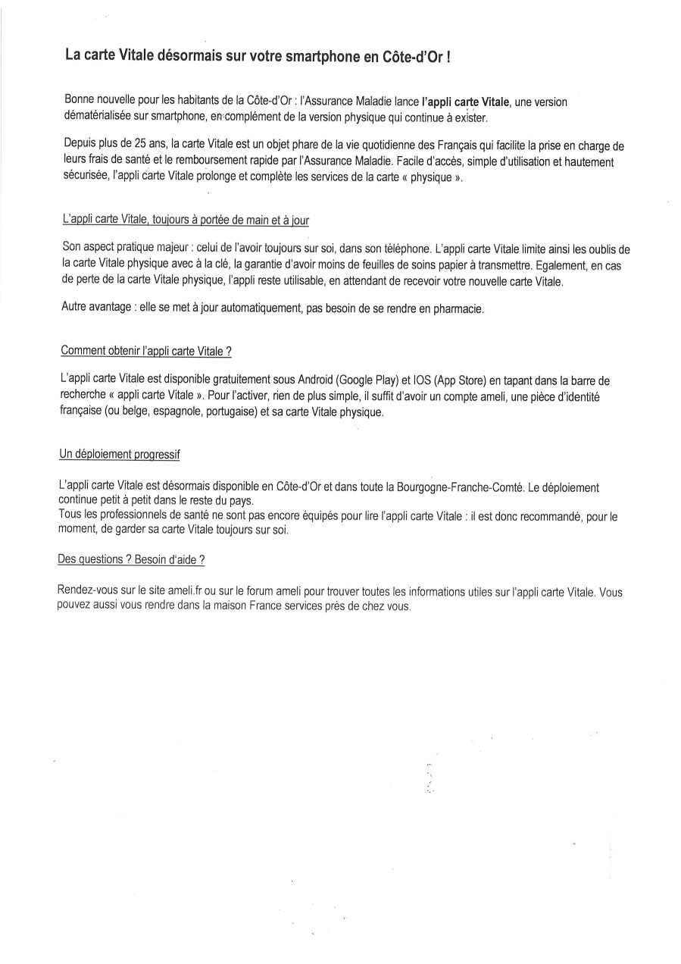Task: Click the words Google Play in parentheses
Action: pyautogui.click(x=364, y=379)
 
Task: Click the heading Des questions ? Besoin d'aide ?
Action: pyautogui.click(x=131, y=559)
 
